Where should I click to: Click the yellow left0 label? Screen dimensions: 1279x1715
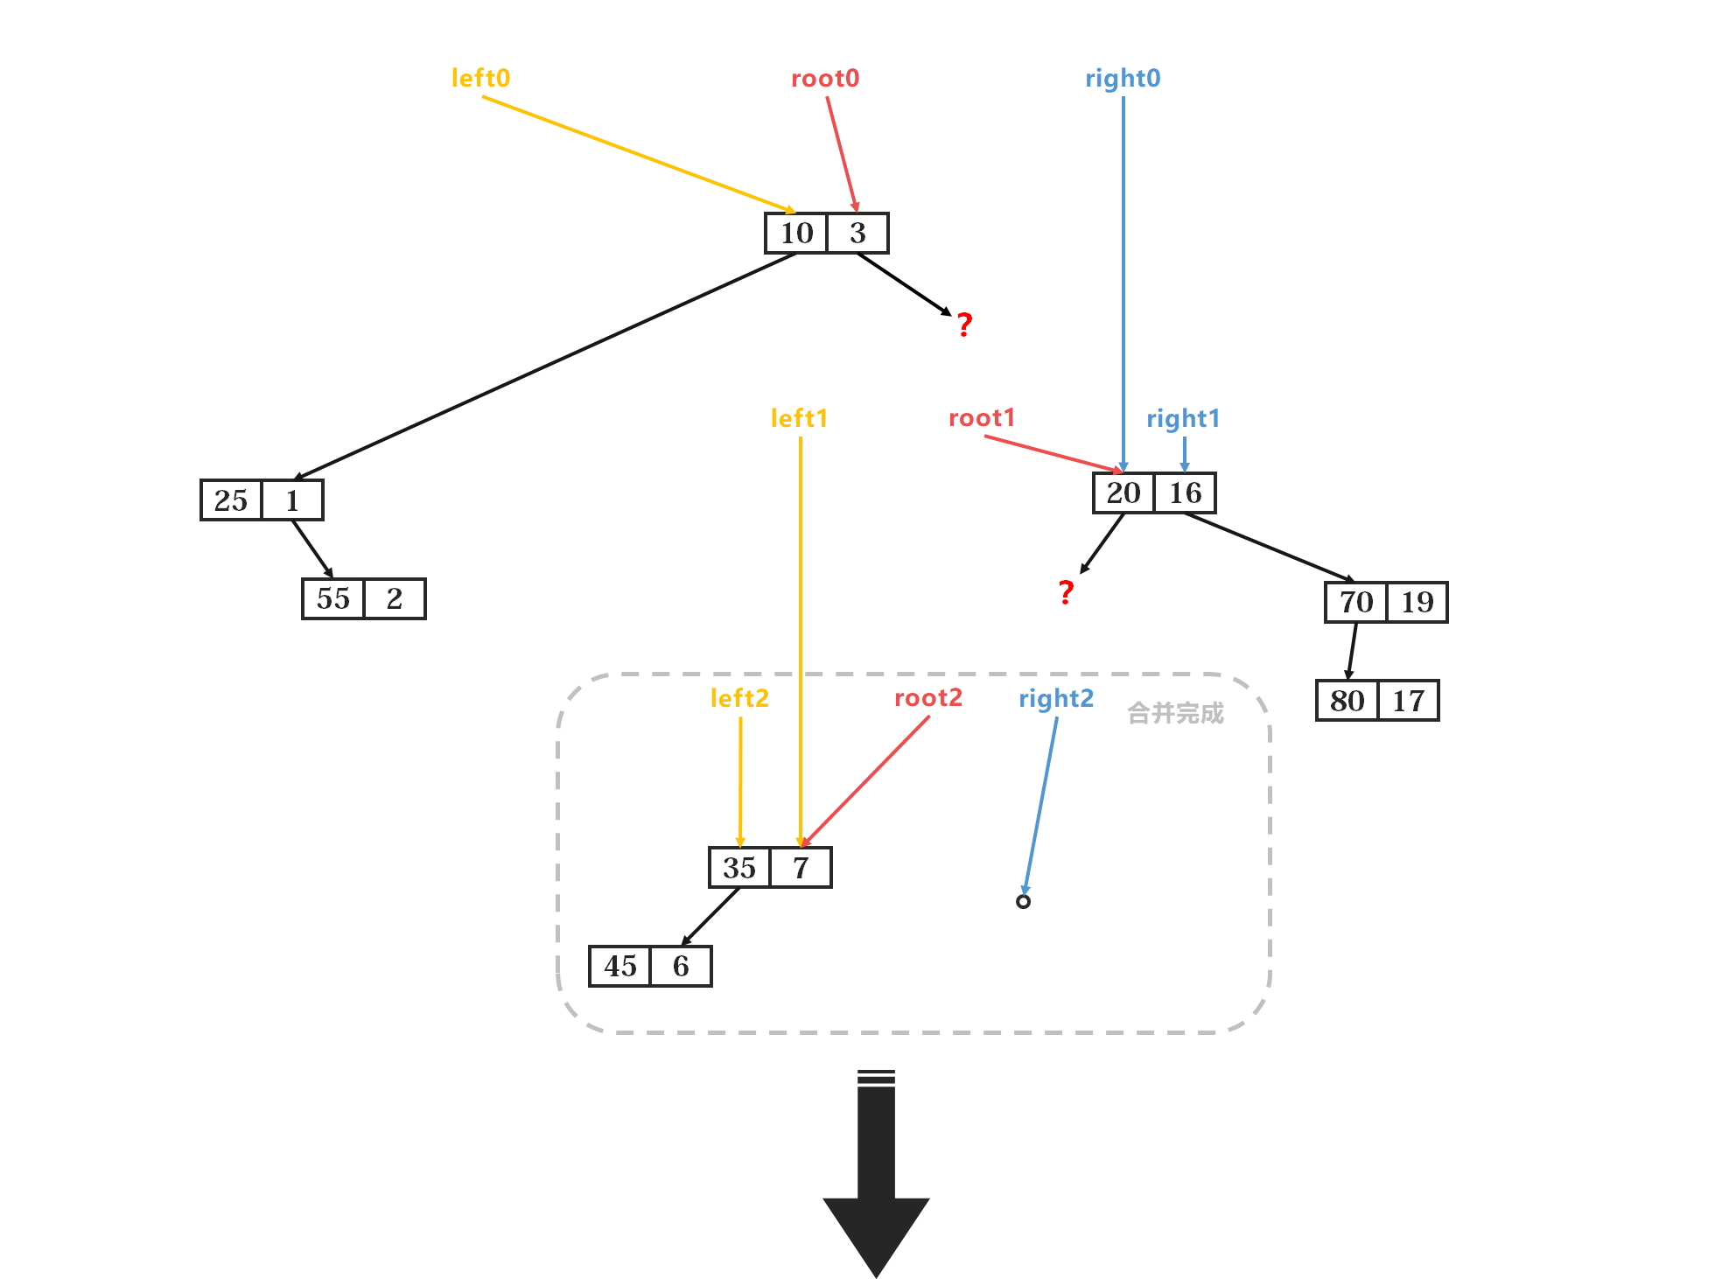[480, 79]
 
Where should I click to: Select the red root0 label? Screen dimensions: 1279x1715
[824, 79]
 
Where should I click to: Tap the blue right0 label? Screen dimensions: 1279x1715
[1123, 79]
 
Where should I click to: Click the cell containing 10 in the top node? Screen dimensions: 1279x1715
[796, 234]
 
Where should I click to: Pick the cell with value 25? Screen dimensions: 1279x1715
[231, 500]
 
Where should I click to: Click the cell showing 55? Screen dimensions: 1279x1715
[332, 599]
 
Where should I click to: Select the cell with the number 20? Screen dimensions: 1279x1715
[1123, 493]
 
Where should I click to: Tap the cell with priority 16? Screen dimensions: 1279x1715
[1185, 493]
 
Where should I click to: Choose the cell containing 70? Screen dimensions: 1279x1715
[1355, 602]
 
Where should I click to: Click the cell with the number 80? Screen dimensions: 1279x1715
[1347, 701]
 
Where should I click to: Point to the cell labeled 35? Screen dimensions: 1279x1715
[739, 868]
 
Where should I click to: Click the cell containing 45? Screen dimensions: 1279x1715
[619, 967]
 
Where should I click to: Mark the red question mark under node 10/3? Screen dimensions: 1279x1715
[964, 325]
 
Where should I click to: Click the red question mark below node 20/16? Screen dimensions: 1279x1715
[1066, 593]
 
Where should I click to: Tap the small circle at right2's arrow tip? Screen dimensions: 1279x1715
[1023, 901]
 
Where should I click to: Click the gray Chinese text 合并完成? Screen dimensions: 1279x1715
[1175, 714]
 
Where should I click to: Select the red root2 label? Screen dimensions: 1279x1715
[927, 698]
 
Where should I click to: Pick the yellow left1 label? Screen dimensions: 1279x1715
[798, 418]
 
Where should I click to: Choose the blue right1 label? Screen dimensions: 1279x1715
[1183, 419]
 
